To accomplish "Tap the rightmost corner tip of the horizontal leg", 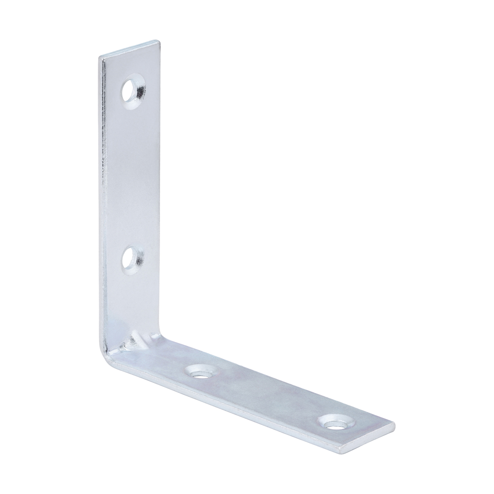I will point(394,424).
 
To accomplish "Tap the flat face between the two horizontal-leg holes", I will point(267,395).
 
